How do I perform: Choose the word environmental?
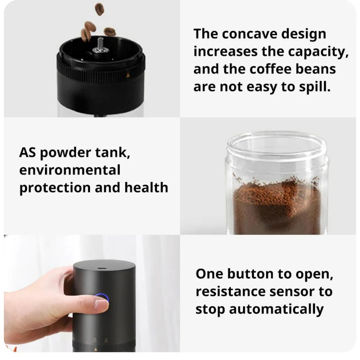pyautogui.click(x=70, y=170)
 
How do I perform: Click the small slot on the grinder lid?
pyautogui.click(x=101, y=269)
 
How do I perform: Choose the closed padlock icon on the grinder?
pyautogui.click(x=95, y=339)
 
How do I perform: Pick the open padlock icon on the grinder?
pyautogui.click(x=106, y=339)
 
